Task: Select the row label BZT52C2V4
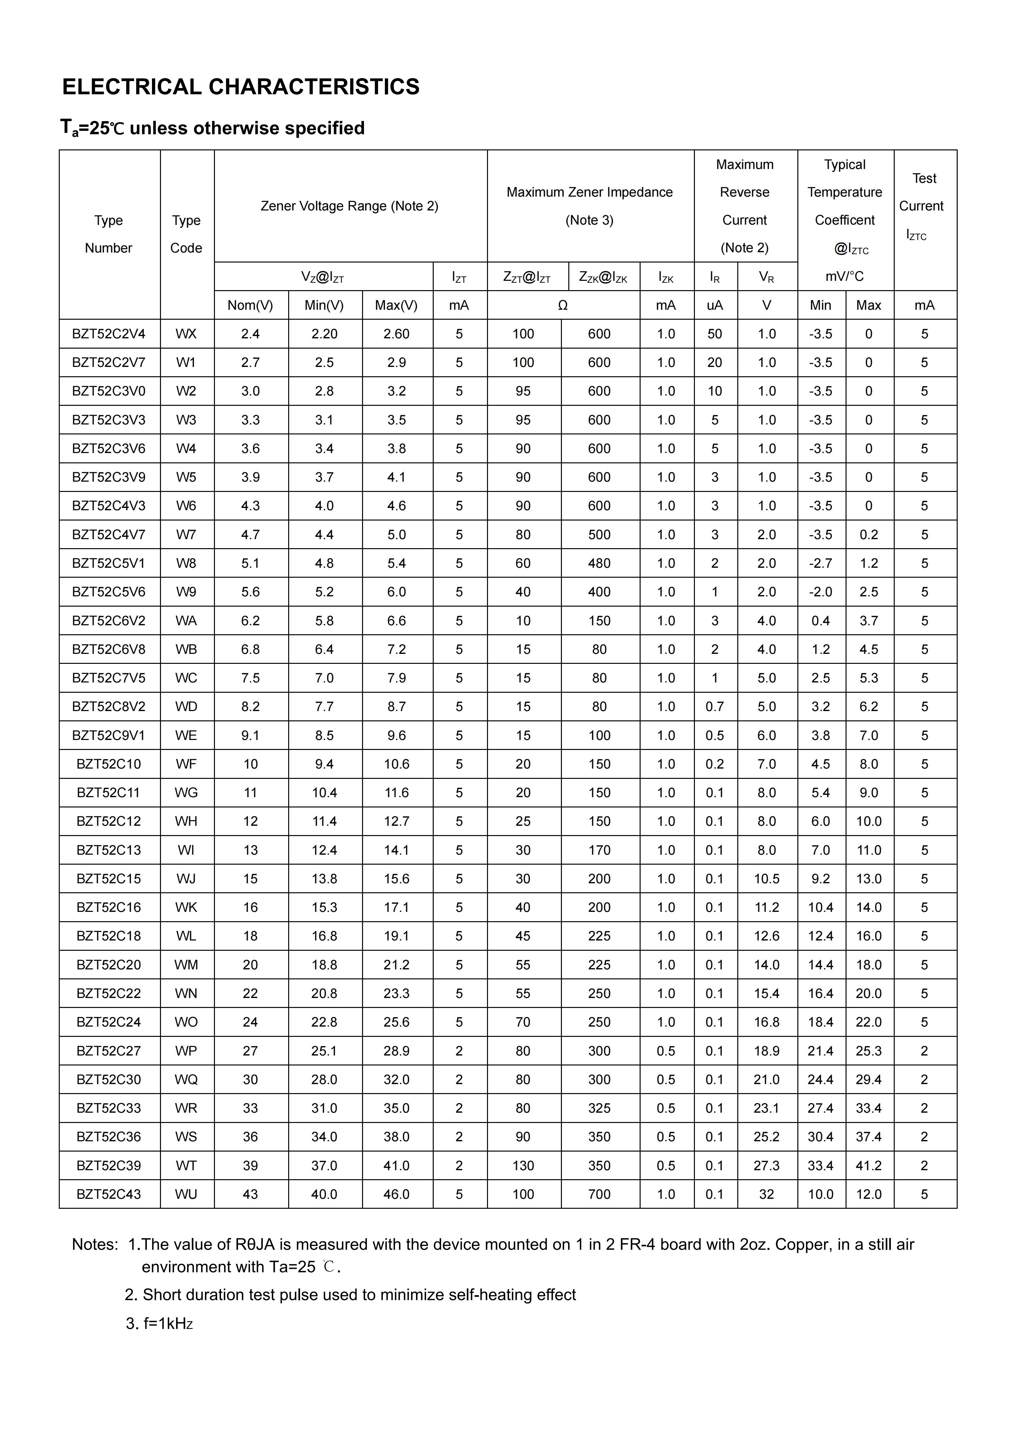click(x=109, y=334)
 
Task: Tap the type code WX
click(x=186, y=334)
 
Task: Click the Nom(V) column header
click(x=250, y=306)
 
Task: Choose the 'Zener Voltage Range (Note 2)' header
click(x=350, y=206)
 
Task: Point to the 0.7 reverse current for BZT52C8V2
click(x=714, y=707)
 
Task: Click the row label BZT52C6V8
click(x=109, y=649)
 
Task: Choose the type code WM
click(x=186, y=965)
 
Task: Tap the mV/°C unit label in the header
click(x=845, y=277)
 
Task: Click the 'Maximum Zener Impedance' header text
click(x=590, y=192)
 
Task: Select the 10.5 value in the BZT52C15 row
click(x=767, y=879)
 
